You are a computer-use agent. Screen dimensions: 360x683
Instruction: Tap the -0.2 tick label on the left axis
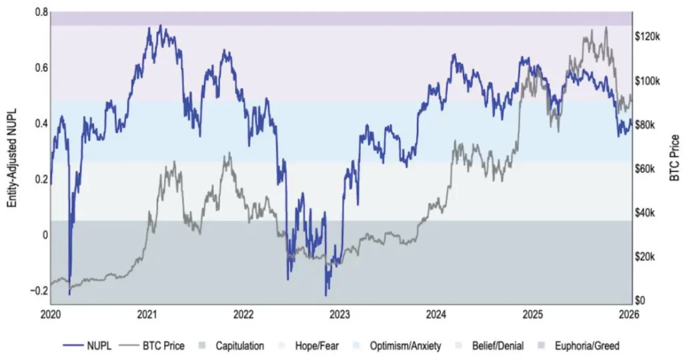tap(39, 290)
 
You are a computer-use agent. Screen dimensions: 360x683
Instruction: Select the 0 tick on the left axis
tap(44, 235)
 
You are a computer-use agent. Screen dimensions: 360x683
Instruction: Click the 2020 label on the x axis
tap(51, 314)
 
